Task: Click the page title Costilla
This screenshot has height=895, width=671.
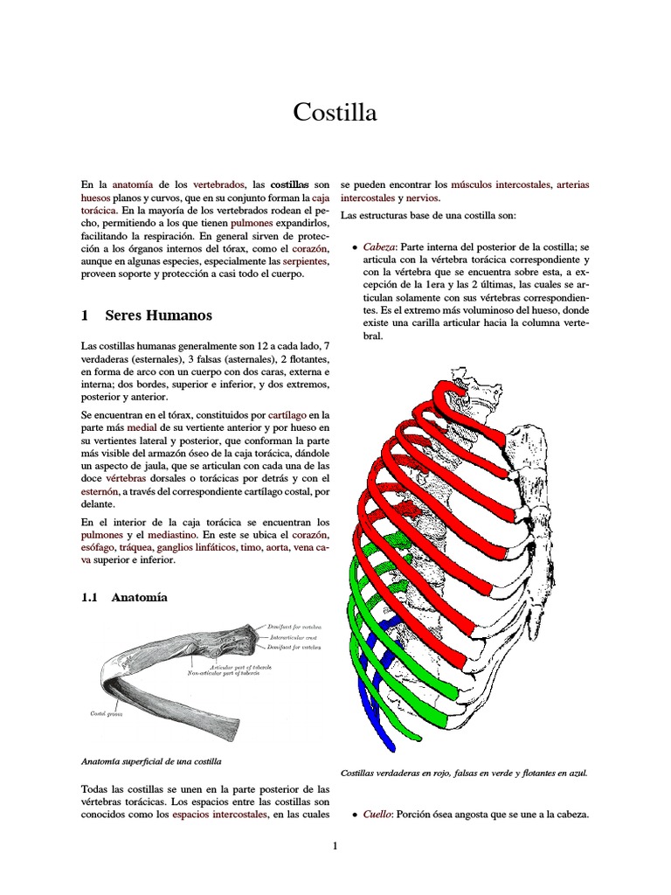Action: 335,112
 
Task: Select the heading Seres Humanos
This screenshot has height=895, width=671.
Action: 158,315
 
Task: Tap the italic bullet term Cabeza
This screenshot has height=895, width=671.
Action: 379,247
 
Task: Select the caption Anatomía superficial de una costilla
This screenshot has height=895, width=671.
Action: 150,761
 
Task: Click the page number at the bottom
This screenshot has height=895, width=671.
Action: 335,845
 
